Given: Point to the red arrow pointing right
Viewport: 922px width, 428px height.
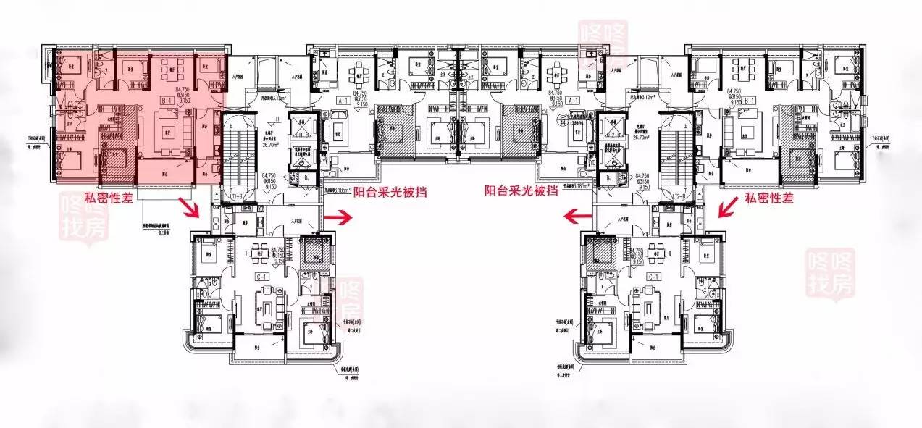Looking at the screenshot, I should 338,216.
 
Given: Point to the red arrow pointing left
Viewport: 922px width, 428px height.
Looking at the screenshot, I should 577,216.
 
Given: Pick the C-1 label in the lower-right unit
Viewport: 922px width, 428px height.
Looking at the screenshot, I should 653,277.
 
